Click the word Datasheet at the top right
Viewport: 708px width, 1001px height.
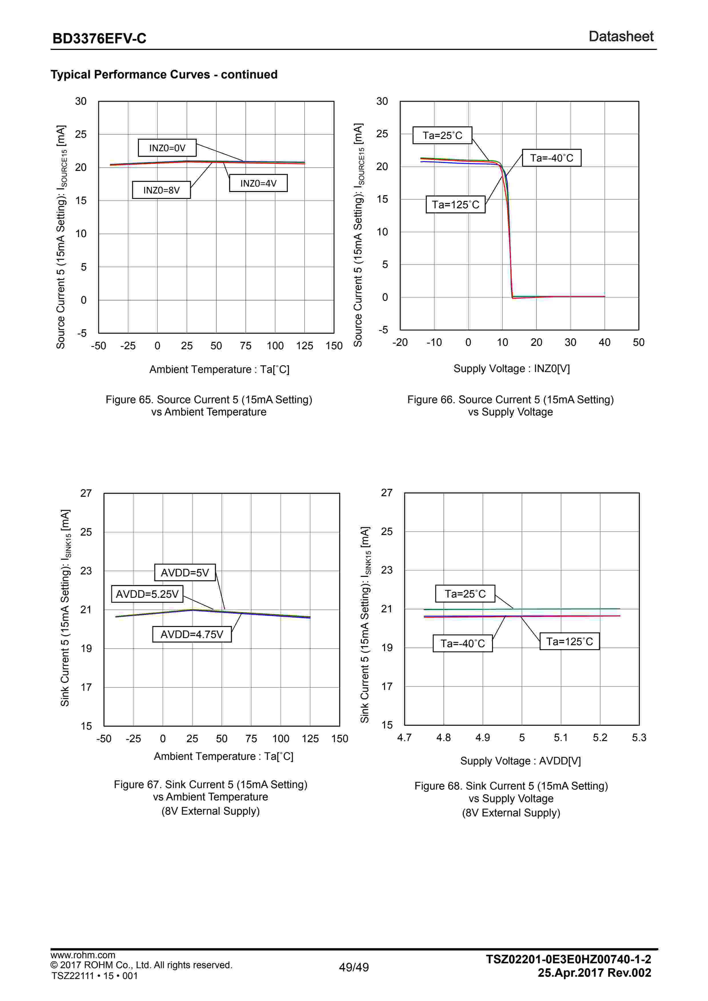pyautogui.click(x=621, y=37)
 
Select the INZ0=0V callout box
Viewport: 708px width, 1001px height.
pyautogui.click(x=167, y=148)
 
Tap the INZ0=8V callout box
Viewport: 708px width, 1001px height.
pyautogui.click(x=161, y=190)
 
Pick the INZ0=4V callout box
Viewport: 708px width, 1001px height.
pyautogui.click(x=258, y=183)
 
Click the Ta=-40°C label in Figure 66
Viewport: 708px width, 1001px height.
pyautogui.click(x=551, y=158)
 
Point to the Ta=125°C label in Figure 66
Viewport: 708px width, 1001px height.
pyautogui.click(x=456, y=205)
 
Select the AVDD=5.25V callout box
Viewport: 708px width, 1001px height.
pyautogui.click(x=147, y=594)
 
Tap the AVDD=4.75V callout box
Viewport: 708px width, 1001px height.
pyautogui.click(x=192, y=634)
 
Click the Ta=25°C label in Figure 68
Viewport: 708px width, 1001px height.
pyautogui.click(x=465, y=594)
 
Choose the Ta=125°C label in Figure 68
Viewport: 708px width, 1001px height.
pyautogui.click(x=569, y=641)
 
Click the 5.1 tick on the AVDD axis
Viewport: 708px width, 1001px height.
pyautogui.click(x=561, y=738)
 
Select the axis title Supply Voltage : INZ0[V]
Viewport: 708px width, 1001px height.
pyautogui.click(x=511, y=369)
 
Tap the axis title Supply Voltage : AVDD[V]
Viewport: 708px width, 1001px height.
pyautogui.click(x=520, y=761)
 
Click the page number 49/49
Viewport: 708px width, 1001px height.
pyautogui.click(x=354, y=967)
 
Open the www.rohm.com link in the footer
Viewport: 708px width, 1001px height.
pyautogui.click(x=83, y=955)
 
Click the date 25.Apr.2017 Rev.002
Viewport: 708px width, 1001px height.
pyautogui.click(x=594, y=973)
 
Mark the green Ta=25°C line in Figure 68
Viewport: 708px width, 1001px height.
pyautogui.click(x=567, y=609)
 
